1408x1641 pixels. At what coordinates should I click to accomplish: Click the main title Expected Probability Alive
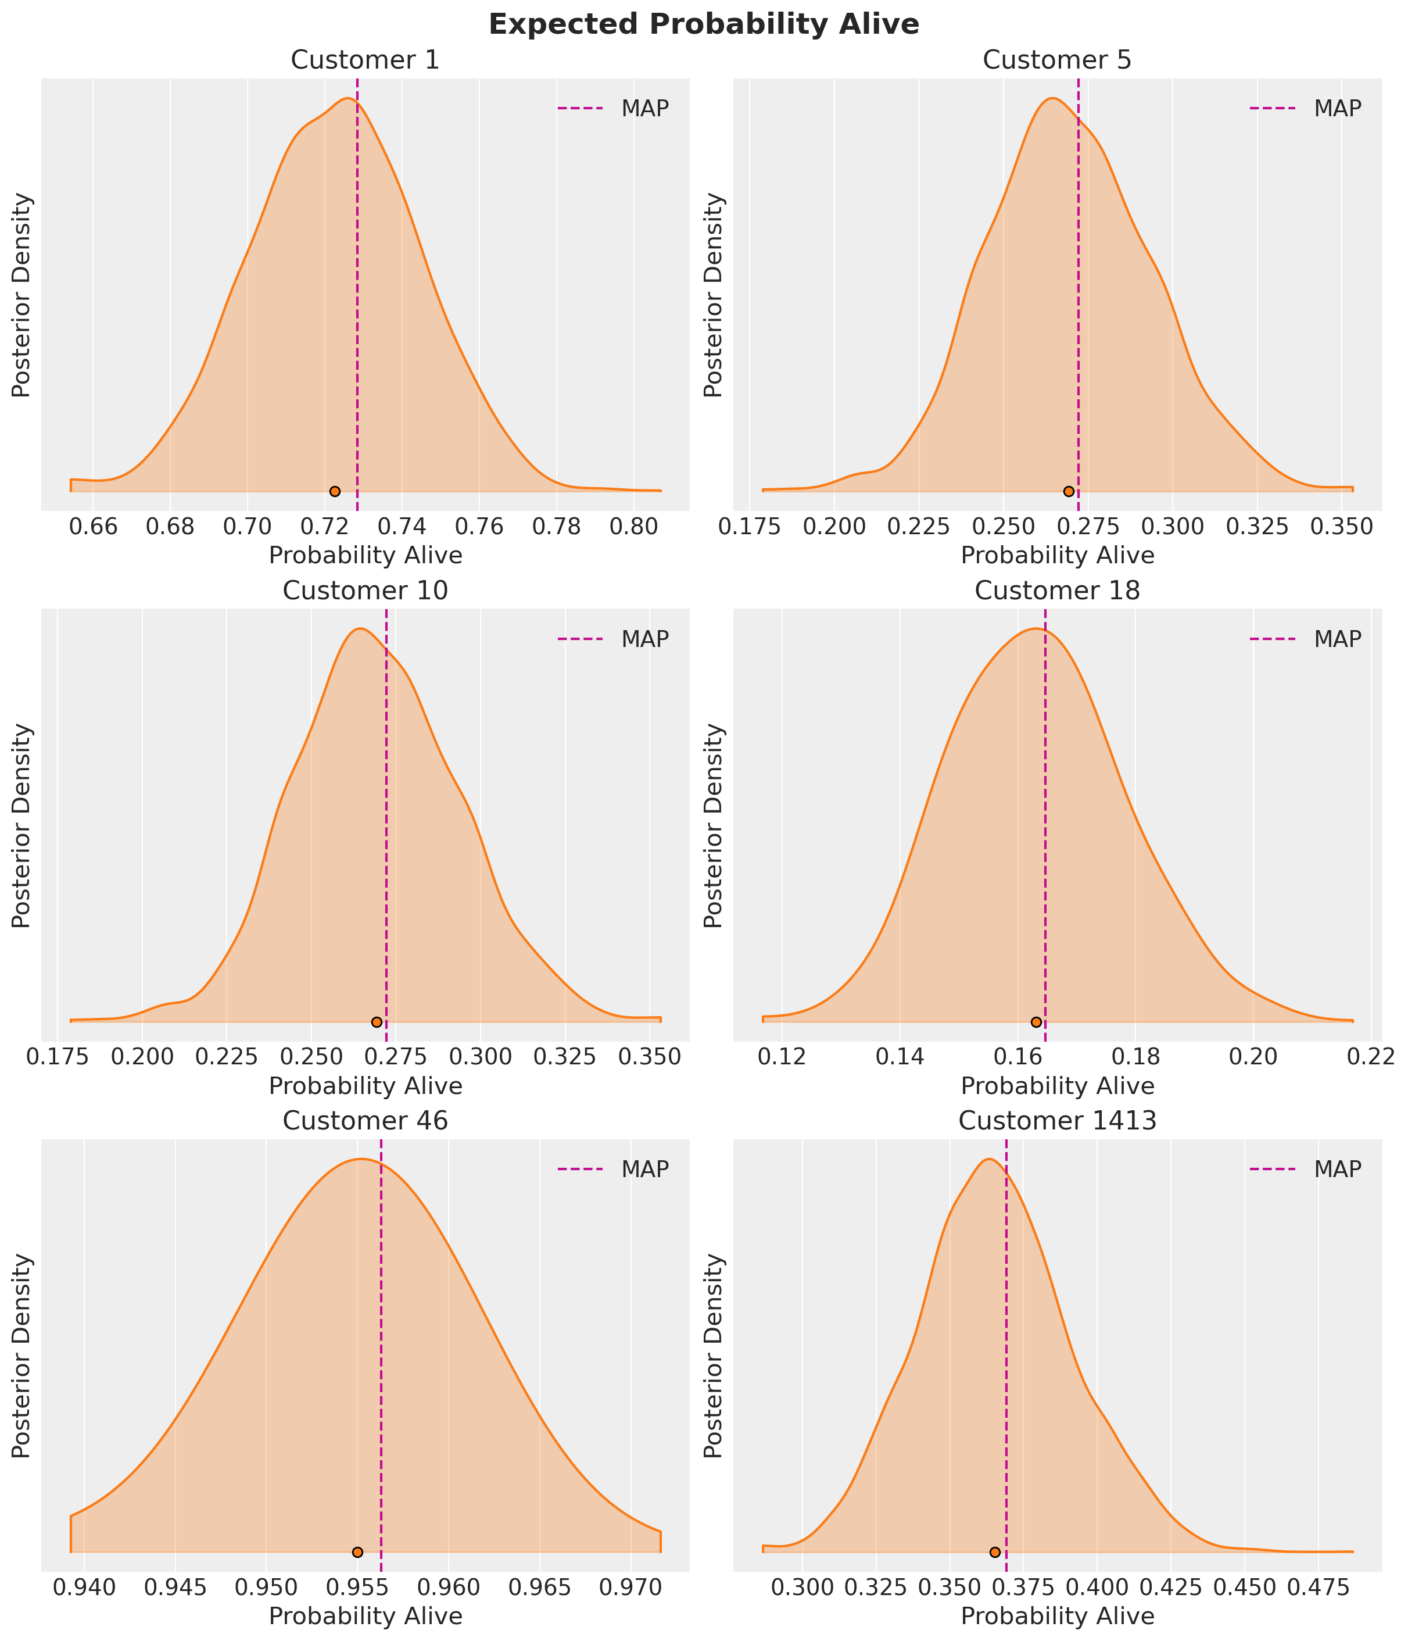click(703, 24)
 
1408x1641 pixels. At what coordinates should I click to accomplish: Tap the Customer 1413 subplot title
click(1057, 1121)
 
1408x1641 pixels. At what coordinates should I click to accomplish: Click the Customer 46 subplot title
click(364, 1121)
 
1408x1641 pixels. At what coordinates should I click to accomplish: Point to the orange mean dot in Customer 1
click(335, 491)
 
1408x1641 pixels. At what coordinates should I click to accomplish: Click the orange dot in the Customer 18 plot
click(1036, 1022)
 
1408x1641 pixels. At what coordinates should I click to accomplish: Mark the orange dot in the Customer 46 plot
click(357, 1551)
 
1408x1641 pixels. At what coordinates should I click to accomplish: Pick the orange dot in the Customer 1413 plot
click(995, 1551)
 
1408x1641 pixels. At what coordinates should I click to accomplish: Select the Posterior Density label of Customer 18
click(714, 825)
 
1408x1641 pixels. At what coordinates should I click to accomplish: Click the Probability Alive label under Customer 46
click(365, 1617)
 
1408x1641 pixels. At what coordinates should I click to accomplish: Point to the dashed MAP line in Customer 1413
click(1006, 1346)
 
